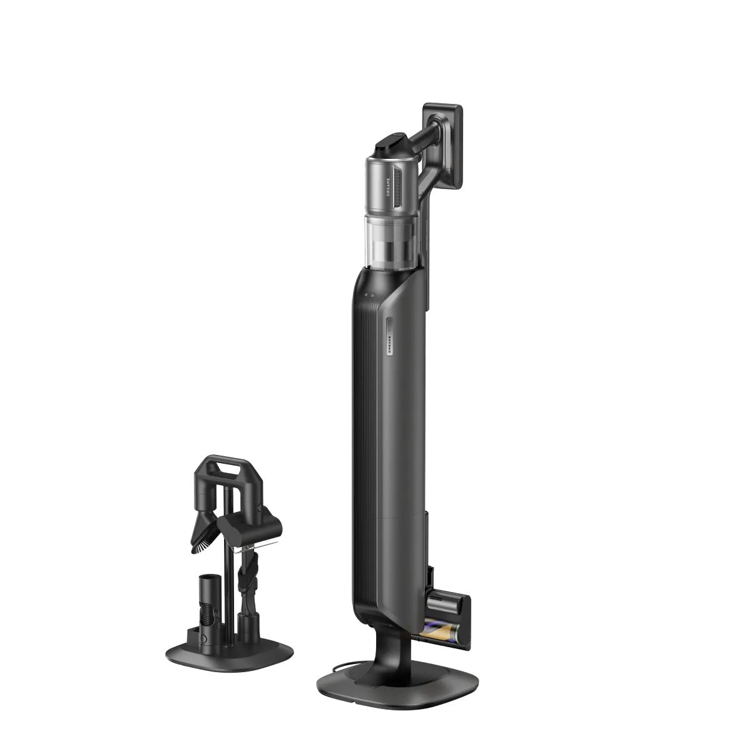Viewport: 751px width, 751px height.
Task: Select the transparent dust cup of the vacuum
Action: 392,240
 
